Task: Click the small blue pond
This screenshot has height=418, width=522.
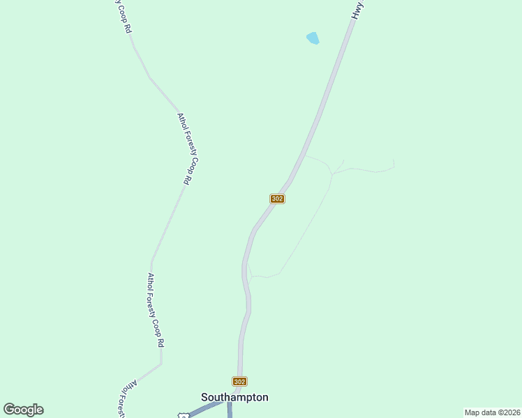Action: tap(313, 38)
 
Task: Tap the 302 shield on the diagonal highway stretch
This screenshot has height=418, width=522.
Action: tap(277, 199)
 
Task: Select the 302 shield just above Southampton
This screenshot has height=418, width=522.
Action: tap(239, 381)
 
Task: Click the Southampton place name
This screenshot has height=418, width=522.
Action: tap(234, 397)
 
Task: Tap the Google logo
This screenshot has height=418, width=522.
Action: tap(23, 410)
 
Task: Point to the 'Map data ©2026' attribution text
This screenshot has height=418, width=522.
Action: tap(492, 412)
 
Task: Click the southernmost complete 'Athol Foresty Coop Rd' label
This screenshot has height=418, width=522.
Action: tap(155, 309)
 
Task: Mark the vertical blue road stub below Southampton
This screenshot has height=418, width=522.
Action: tap(230, 411)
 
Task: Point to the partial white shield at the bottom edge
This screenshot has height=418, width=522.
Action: tap(183, 415)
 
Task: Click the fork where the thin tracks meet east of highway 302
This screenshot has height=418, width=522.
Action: tap(333, 173)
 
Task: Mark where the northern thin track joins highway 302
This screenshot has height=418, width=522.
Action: tap(304, 155)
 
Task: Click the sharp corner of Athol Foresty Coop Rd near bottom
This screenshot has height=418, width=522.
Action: tap(161, 363)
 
